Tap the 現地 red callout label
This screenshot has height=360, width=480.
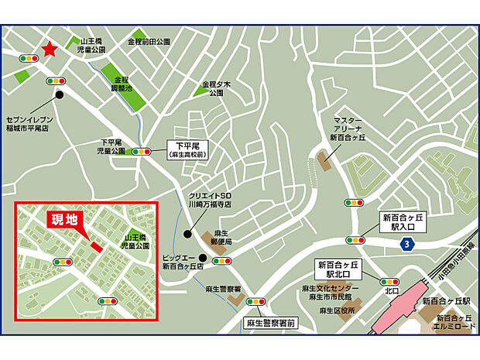[x=64, y=220]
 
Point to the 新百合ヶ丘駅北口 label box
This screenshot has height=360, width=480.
[x=339, y=269]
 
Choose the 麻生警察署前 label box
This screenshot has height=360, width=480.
[x=269, y=322]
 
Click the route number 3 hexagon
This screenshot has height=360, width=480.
[x=407, y=244]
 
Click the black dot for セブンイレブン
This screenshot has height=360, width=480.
[x=60, y=95]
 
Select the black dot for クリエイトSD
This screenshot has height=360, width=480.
[x=187, y=233]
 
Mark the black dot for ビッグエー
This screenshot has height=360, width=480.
[x=203, y=259]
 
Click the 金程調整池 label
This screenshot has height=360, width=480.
[x=122, y=84]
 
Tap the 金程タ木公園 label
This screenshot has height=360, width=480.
[x=212, y=87]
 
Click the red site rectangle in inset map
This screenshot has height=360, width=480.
[x=95, y=246]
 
